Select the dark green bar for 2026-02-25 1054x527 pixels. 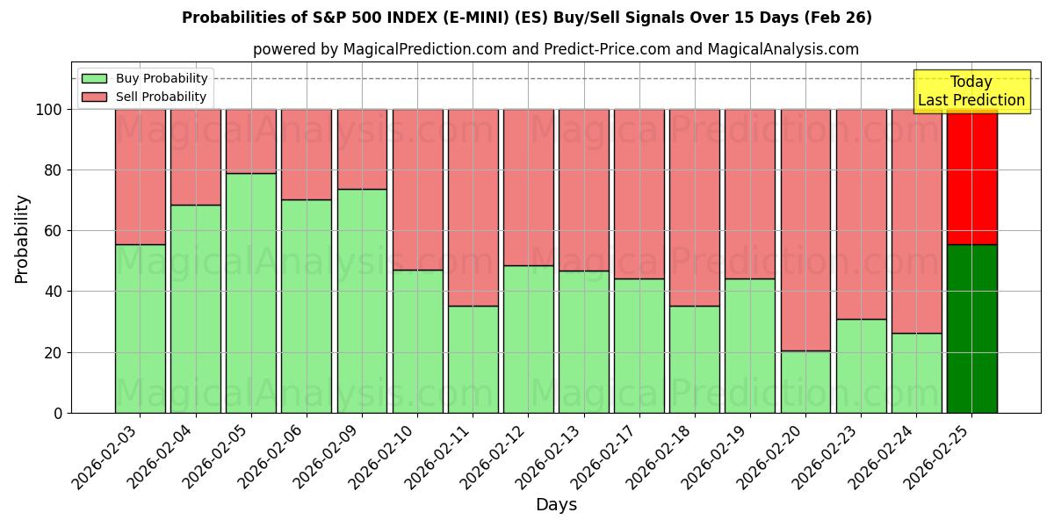click(x=971, y=328)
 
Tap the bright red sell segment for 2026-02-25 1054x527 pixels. click(x=971, y=177)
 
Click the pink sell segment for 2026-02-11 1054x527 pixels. click(x=473, y=207)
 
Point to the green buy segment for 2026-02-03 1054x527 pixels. click(x=140, y=328)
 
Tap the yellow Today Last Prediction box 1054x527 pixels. click(x=971, y=91)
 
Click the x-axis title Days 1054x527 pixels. click(x=556, y=505)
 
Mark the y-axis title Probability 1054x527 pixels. click(x=22, y=239)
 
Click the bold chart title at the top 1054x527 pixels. click(x=527, y=18)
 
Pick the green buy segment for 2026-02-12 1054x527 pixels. click(x=528, y=339)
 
